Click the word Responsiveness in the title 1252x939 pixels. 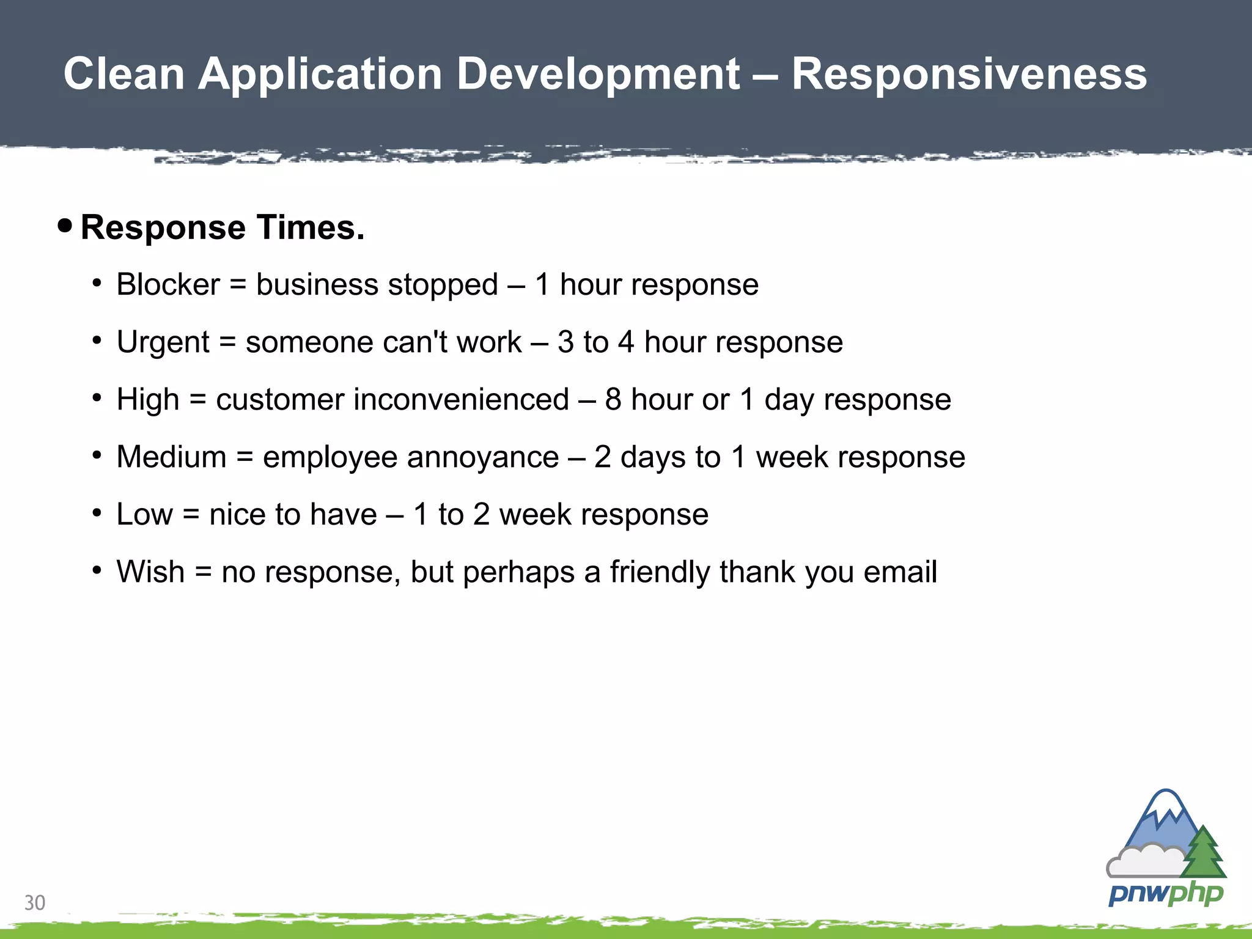[969, 75]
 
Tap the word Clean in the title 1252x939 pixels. [124, 75]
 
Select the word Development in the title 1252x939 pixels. [598, 75]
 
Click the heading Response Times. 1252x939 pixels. [223, 227]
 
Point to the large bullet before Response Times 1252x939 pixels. [65, 226]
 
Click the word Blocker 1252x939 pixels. [168, 285]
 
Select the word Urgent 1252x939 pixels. [163, 342]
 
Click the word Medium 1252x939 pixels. [171, 457]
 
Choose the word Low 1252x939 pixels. [145, 515]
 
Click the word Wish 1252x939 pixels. [150, 572]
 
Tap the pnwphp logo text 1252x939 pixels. [1166, 894]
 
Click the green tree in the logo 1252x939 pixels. [1203, 853]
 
